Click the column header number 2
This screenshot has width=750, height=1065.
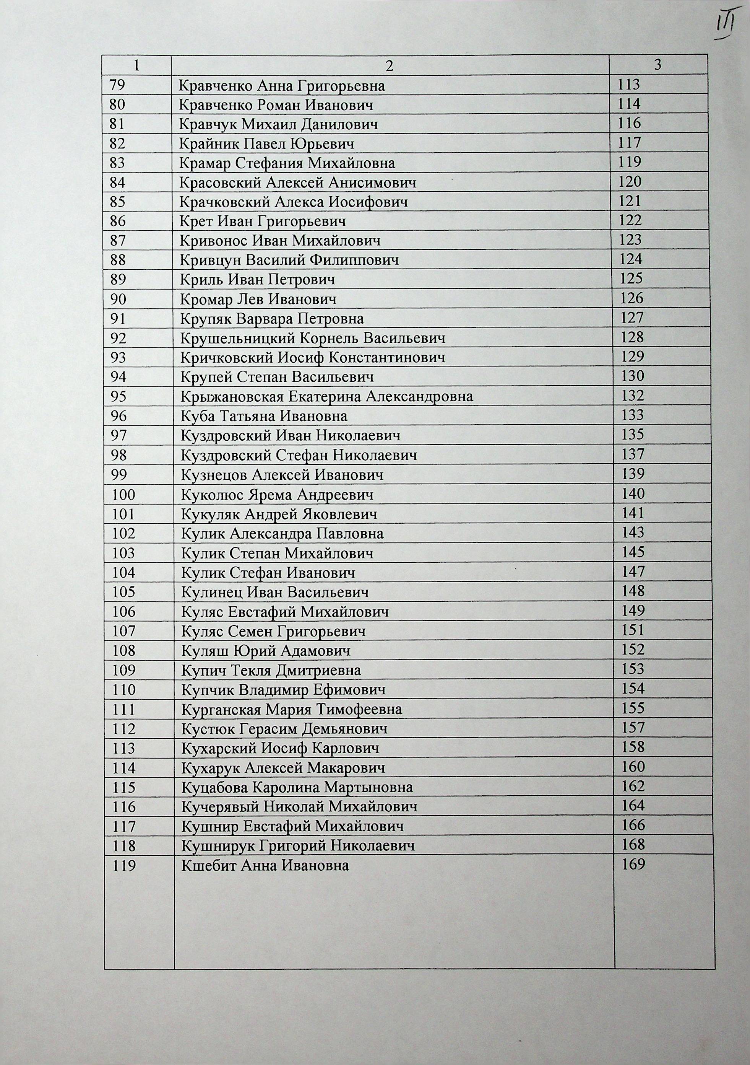point(390,66)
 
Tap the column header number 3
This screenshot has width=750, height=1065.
point(657,65)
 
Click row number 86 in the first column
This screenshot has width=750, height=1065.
point(118,221)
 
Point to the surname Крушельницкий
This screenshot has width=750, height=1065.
point(237,338)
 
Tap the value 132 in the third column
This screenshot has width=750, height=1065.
point(633,395)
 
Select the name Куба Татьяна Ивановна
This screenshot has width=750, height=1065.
point(264,416)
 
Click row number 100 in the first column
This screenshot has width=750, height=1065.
point(123,495)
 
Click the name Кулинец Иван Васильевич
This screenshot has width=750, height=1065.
point(275,592)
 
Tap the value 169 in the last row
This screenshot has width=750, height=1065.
point(634,864)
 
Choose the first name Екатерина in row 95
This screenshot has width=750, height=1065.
point(325,397)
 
